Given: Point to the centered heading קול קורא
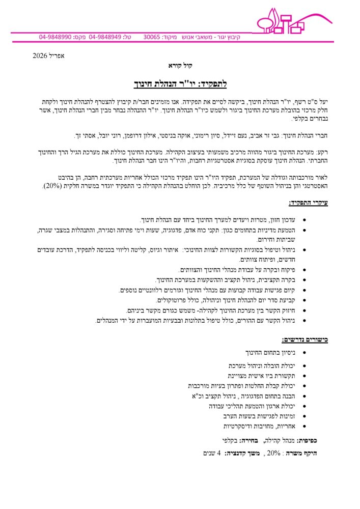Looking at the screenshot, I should tap(180, 66).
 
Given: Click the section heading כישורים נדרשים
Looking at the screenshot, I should tap(306, 340).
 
